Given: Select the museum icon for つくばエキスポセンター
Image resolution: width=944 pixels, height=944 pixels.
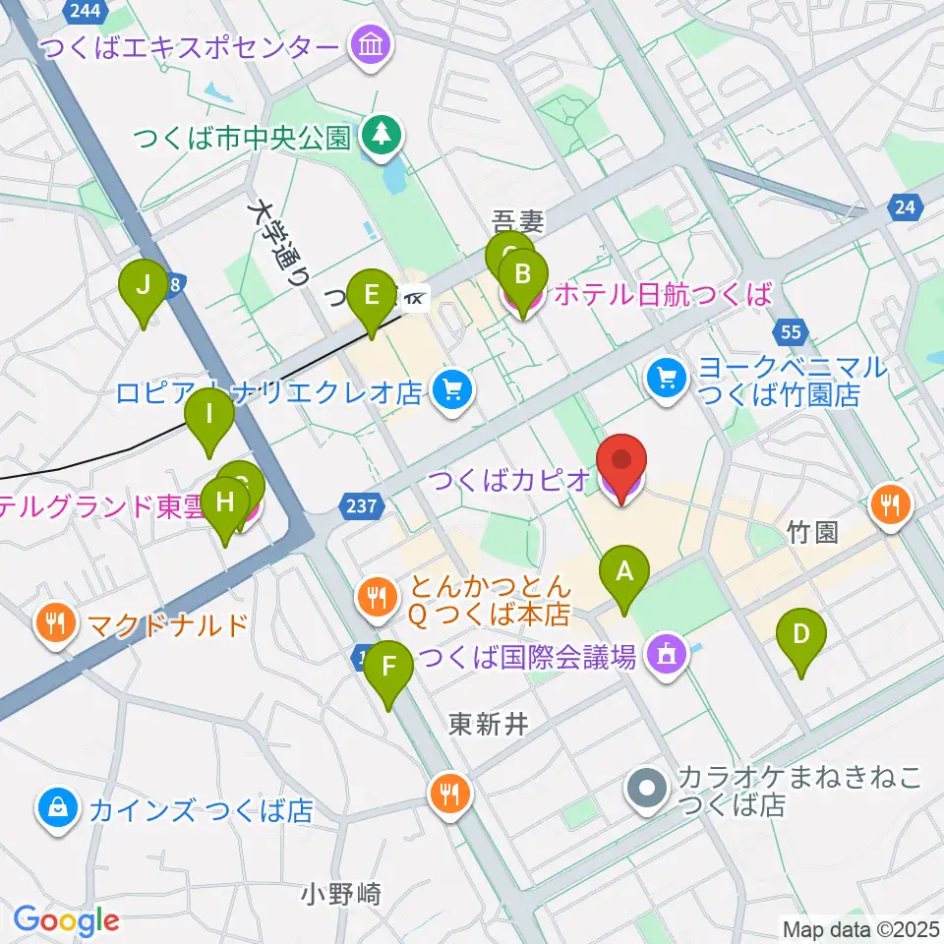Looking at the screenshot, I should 373,45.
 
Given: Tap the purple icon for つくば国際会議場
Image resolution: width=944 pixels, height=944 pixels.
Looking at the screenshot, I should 666,656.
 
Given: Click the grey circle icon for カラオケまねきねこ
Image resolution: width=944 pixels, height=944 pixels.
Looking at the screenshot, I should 648,789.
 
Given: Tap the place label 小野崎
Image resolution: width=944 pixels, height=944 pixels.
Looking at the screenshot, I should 341,894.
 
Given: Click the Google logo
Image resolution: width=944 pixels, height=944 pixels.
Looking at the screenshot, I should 67,920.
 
